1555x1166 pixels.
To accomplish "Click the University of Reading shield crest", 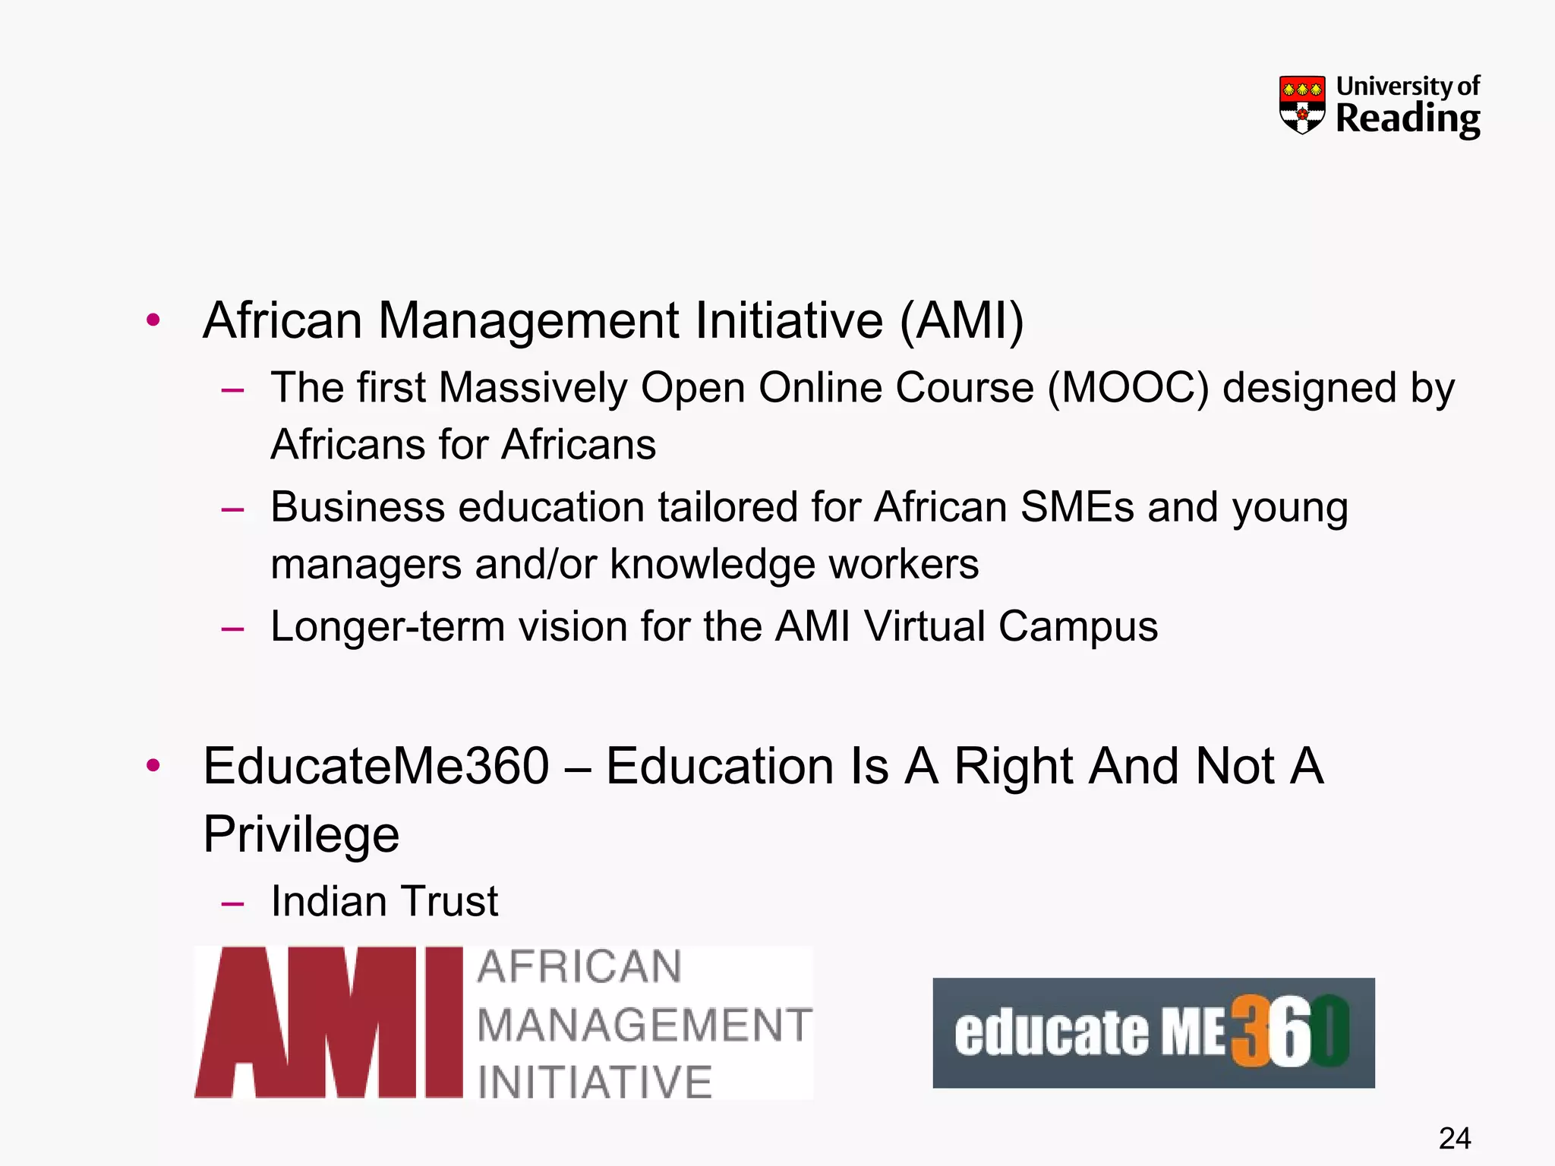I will click(1301, 105).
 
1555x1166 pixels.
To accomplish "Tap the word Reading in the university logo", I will click(1408, 119).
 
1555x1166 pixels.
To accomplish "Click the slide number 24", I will click(1454, 1138).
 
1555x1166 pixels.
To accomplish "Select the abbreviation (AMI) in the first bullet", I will click(962, 320).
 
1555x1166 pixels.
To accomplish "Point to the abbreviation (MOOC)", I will click(1128, 388).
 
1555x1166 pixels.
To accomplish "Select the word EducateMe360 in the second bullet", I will click(376, 766).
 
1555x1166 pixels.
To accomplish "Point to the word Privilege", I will click(301, 834).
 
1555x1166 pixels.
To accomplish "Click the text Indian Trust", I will click(384, 902).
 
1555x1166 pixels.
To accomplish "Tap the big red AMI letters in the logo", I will click(328, 1022).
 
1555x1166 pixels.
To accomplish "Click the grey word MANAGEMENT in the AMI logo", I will click(645, 1025).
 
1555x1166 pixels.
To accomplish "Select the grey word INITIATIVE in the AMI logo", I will click(595, 1082).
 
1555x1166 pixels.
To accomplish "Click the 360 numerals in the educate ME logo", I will click(1289, 1032).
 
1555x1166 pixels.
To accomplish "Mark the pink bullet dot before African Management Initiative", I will click(153, 320).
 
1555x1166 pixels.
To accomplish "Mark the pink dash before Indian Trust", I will click(232, 903).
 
